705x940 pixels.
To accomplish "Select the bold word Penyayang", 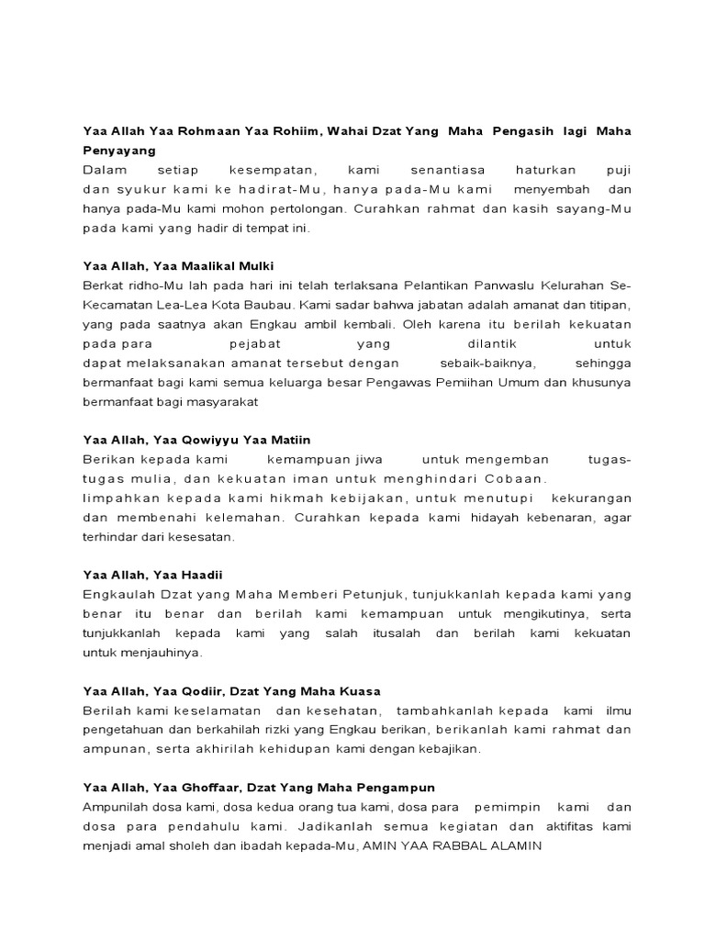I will (119, 150).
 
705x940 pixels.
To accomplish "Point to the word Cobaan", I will (519, 478).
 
